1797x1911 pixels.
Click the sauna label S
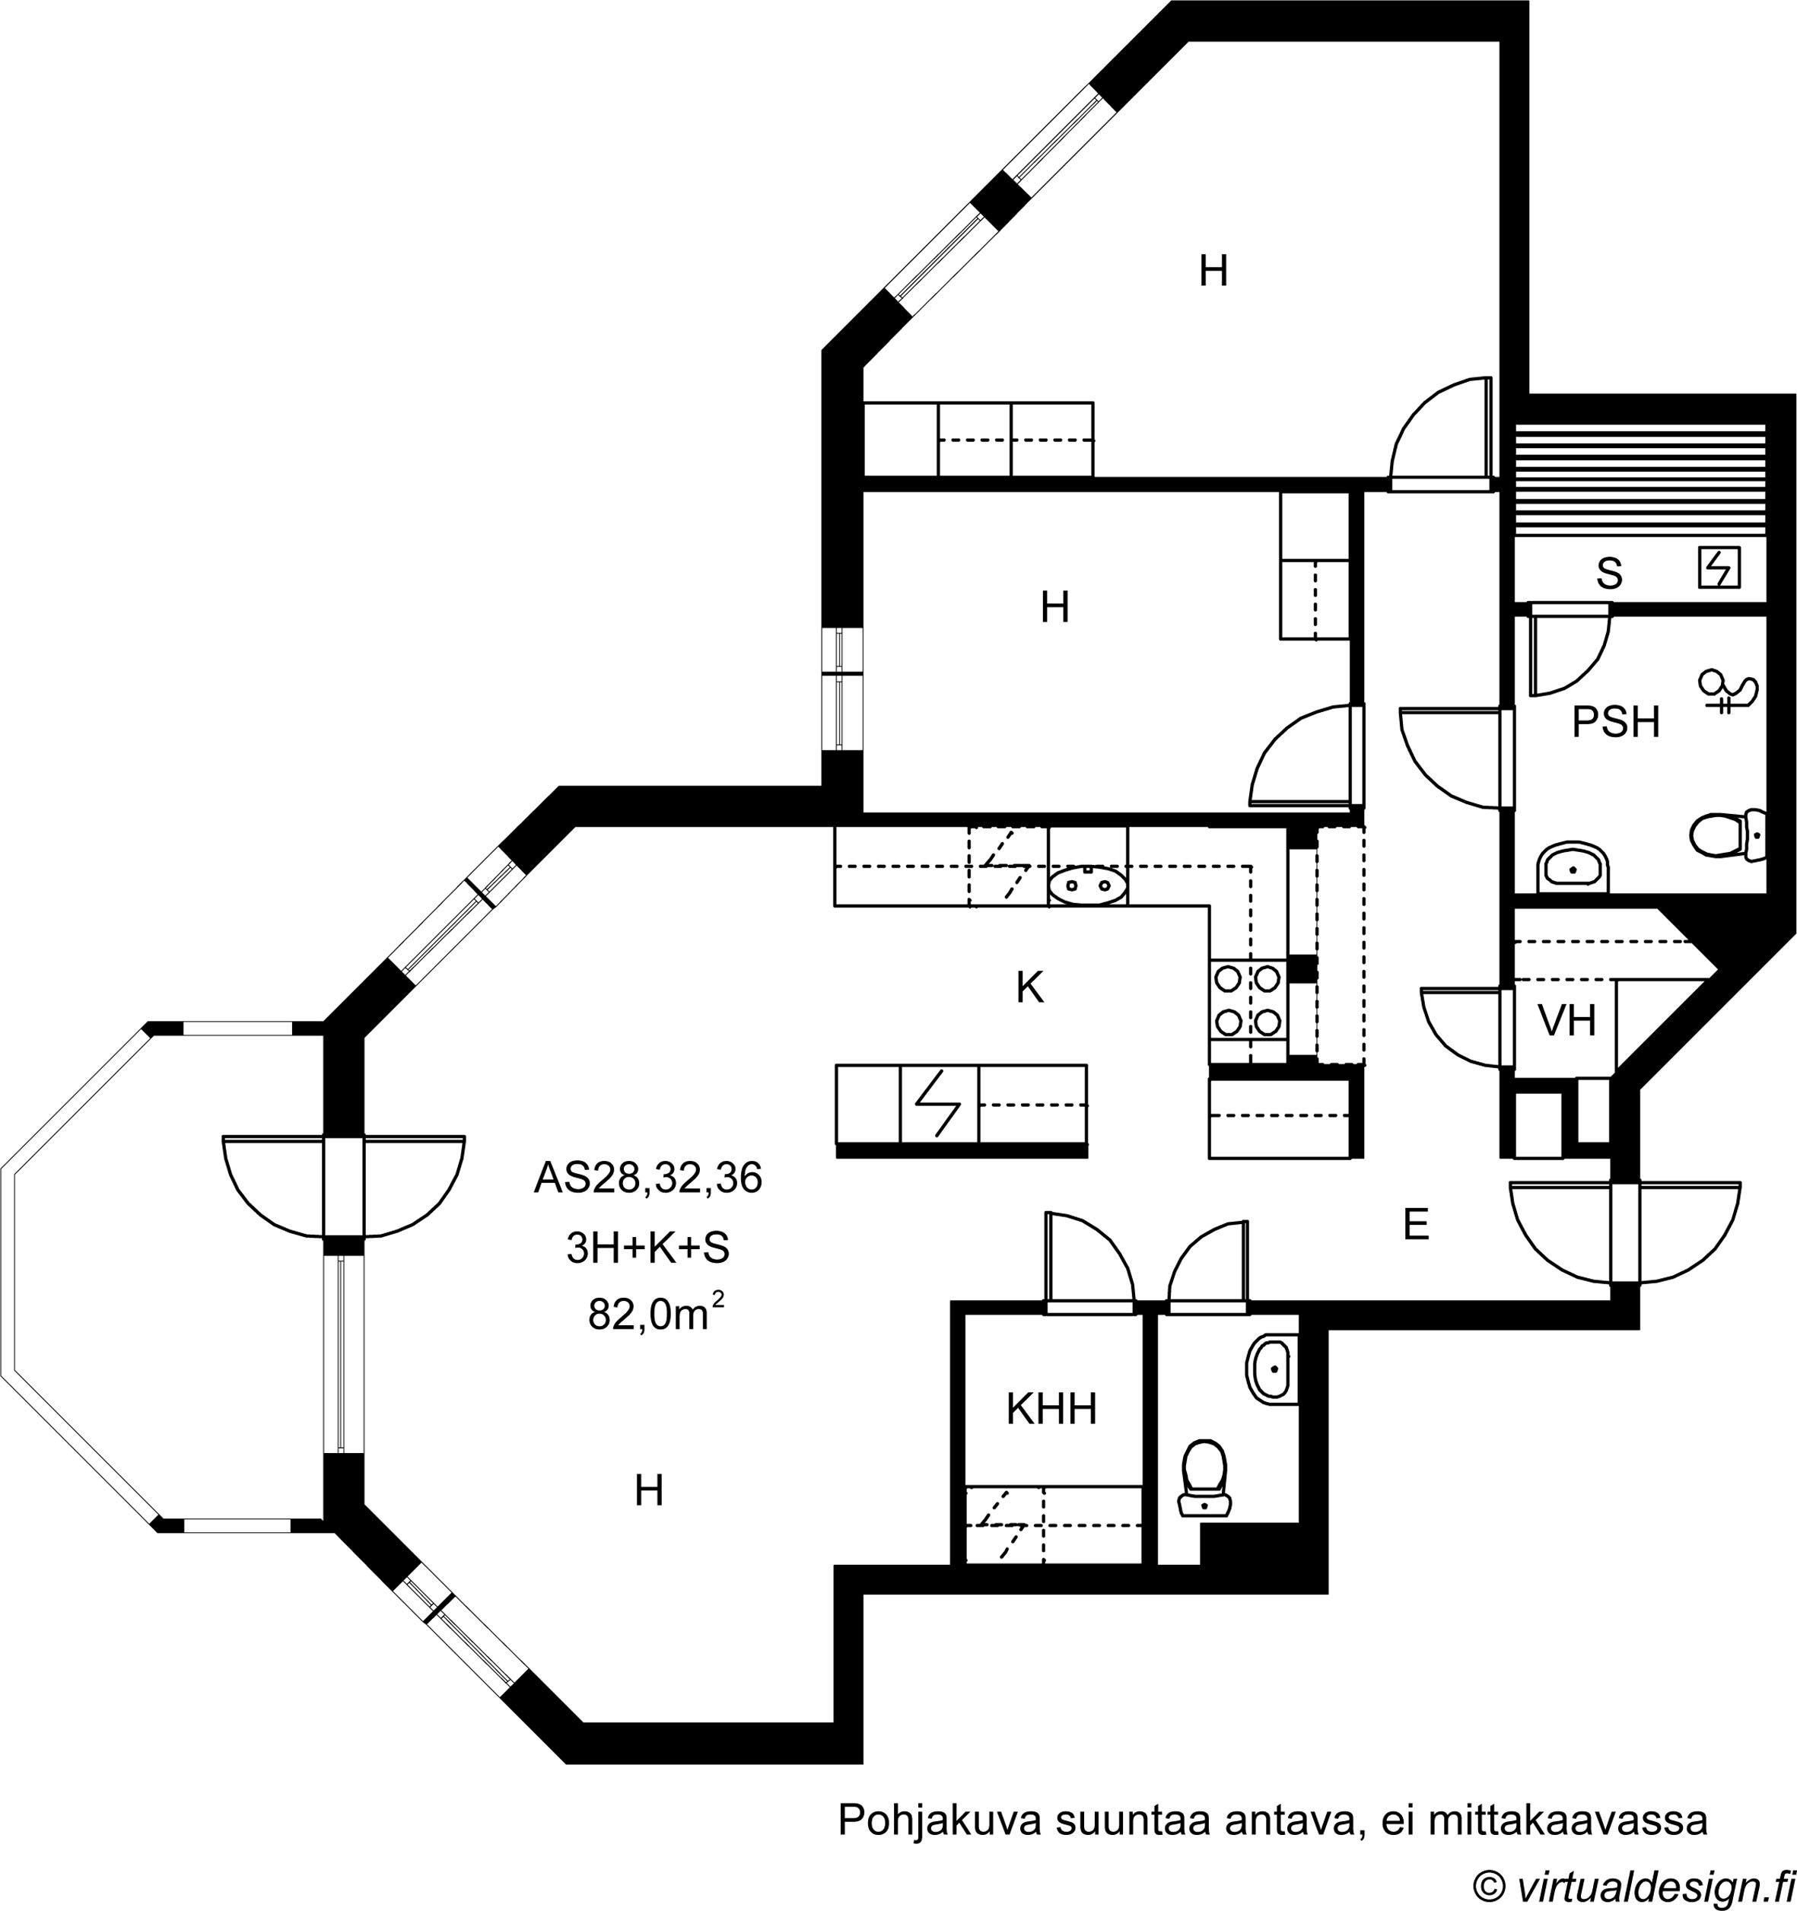(x=1610, y=574)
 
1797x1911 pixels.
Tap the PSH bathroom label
(x=1615, y=722)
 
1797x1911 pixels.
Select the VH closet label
(x=1567, y=1021)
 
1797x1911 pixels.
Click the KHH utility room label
(x=1052, y=1409)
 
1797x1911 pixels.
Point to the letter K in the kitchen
(x=1030, y=987)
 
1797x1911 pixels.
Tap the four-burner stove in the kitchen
(x=1248, y=1000)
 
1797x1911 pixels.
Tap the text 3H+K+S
(x=648, y=1248)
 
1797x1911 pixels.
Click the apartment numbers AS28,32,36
(x=648, y=1178)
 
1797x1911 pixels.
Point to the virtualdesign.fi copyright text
(x=1633, y=1885)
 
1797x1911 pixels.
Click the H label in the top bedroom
(x=1213, y=271)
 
